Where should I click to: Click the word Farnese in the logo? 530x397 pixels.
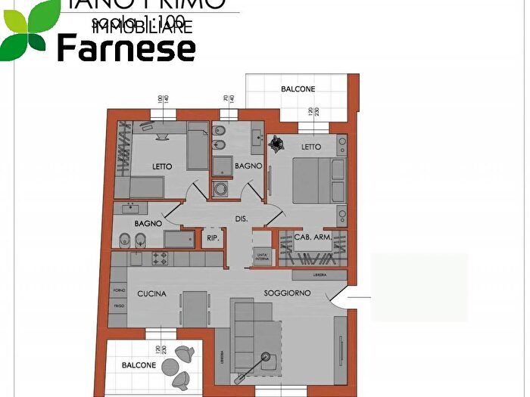(x=126, y=48)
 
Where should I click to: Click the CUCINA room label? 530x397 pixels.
(x=151, y=293)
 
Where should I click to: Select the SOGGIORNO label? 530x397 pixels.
(x=288, y=293)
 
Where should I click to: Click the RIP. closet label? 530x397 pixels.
(x=213, y=238)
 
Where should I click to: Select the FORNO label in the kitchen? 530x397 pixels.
(x=118, y=290)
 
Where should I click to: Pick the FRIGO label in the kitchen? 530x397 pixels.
(x=118, y=306)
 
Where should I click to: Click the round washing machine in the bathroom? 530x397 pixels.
(x=220, y=189)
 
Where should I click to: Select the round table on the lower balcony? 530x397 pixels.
(x=182, y=352)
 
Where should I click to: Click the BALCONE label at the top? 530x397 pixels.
(x=298, y=89)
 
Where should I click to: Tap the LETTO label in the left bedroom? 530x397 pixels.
(x=162, y=166)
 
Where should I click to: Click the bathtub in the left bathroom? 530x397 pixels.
(x=182, y=240)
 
